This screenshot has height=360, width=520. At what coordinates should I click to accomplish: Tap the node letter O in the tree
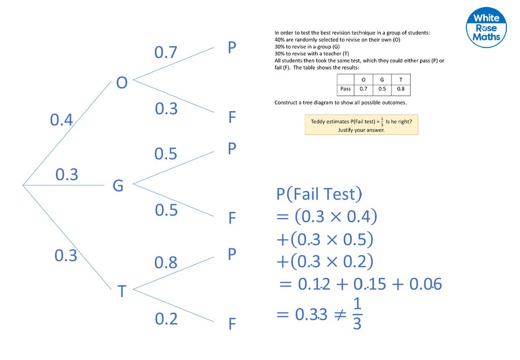(x=121, y=82)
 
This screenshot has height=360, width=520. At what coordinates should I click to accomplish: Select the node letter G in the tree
(x=118, y=186)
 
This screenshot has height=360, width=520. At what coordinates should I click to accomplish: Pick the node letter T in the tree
(x=121, y=291)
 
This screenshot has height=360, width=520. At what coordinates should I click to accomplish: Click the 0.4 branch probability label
(x=61, y=120)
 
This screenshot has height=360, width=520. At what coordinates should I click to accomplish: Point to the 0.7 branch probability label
(x=166, y=52)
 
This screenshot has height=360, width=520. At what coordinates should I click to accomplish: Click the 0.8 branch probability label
(x=166, y=263)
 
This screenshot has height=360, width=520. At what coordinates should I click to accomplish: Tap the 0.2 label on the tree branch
(x=166, y=319)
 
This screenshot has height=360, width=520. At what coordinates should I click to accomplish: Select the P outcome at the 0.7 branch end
(x=232, y=48)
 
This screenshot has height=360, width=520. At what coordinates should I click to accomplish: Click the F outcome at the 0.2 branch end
(x=232, y=323)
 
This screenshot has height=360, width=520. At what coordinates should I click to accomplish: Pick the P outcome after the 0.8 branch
(x=232, y=254)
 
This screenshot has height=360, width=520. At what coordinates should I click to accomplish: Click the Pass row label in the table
(x=345, y=89)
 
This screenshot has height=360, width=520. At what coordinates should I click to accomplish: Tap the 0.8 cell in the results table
(x=401, y=89)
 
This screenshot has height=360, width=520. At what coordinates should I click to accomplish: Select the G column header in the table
(x=382, y=79)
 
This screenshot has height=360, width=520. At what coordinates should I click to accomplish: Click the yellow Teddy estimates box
(x=361, y=124)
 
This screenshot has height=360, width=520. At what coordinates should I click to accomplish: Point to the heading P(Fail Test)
(x=319, y=194)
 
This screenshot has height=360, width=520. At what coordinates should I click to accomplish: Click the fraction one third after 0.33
(x=357, y=314)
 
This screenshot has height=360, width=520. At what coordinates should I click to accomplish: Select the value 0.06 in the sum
(x=427, y=284)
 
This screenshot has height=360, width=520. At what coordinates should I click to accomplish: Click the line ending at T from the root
(x=69, y=238)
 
